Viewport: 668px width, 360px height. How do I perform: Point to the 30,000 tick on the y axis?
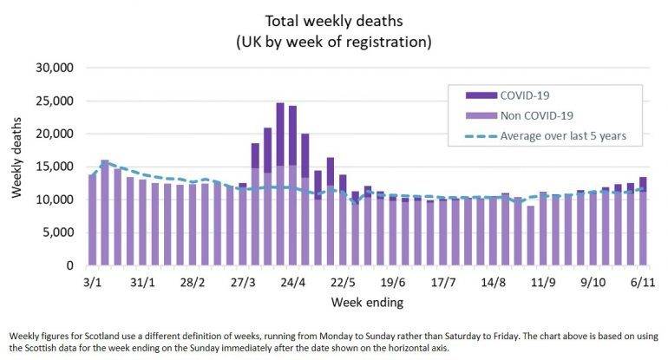[56, 68]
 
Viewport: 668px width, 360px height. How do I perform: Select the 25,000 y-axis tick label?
[56, 101]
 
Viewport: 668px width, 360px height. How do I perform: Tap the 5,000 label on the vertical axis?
[59, 232]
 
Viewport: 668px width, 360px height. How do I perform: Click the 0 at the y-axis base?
[73, 265]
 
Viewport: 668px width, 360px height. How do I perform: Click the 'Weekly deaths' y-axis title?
[16, 167]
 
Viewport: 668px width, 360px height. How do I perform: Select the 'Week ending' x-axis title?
[366, 303]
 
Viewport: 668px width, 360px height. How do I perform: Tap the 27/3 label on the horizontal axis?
[243, 283]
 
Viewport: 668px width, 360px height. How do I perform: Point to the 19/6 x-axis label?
[393, 283]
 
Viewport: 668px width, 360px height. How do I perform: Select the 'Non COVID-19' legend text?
[536, 115]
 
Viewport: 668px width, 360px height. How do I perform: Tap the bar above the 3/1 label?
[93, 220]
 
